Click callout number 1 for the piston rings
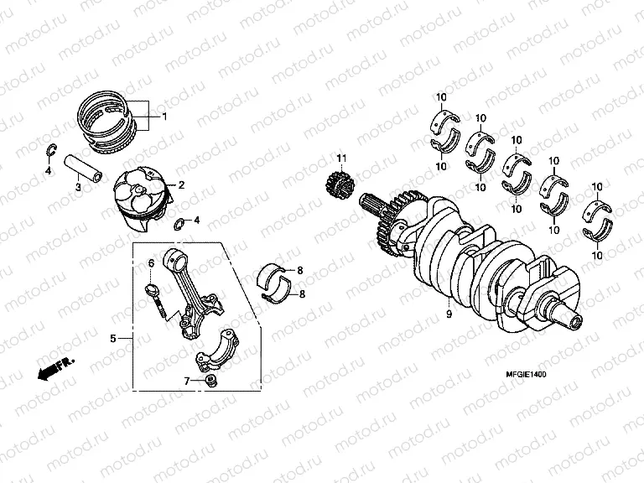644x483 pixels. pos(164,117)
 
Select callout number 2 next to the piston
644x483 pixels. pos(181,184)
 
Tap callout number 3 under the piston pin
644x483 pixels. pos(78,188)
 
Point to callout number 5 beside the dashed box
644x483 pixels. pos(112,339)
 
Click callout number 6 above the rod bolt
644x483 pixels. pos(152,263)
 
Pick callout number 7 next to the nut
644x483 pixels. pos(188,381)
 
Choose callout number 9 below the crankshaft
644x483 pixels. pos(449,314)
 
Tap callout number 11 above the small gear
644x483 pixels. pos(341,158)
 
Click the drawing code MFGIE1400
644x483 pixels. pos(525,376)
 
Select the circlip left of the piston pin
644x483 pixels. pos(49,152)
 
